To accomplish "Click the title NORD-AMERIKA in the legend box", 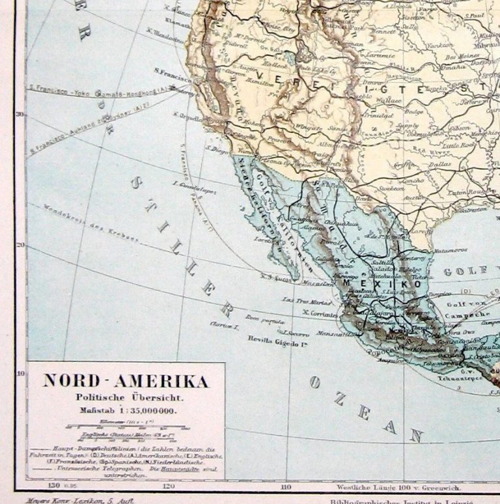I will tap(126, 381).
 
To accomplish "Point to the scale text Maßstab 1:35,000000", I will tap(128, 410).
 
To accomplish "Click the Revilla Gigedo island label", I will tap(277, 339).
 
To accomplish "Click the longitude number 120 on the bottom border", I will tap(169, 486).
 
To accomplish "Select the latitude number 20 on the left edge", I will tap(20, 245).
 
